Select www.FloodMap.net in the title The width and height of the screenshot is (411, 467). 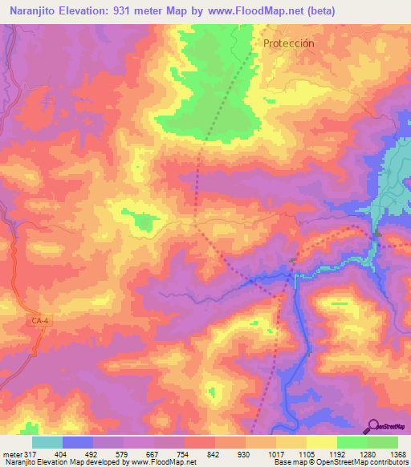pos(247,10)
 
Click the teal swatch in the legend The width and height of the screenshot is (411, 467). pos(47,442)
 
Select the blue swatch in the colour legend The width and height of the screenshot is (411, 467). pos(78,442)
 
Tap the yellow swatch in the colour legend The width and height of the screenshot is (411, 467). pos(321,442)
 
